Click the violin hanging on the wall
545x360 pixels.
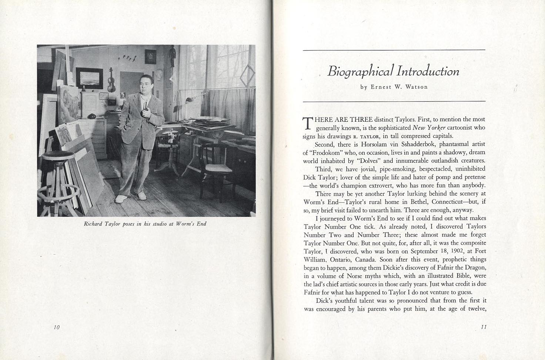click(111, 81)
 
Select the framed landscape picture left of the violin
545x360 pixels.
click(89, 78)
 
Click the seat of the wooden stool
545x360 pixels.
click(55, 155)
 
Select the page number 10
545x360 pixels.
click(57, 327)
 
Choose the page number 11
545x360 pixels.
click(483, 327)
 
